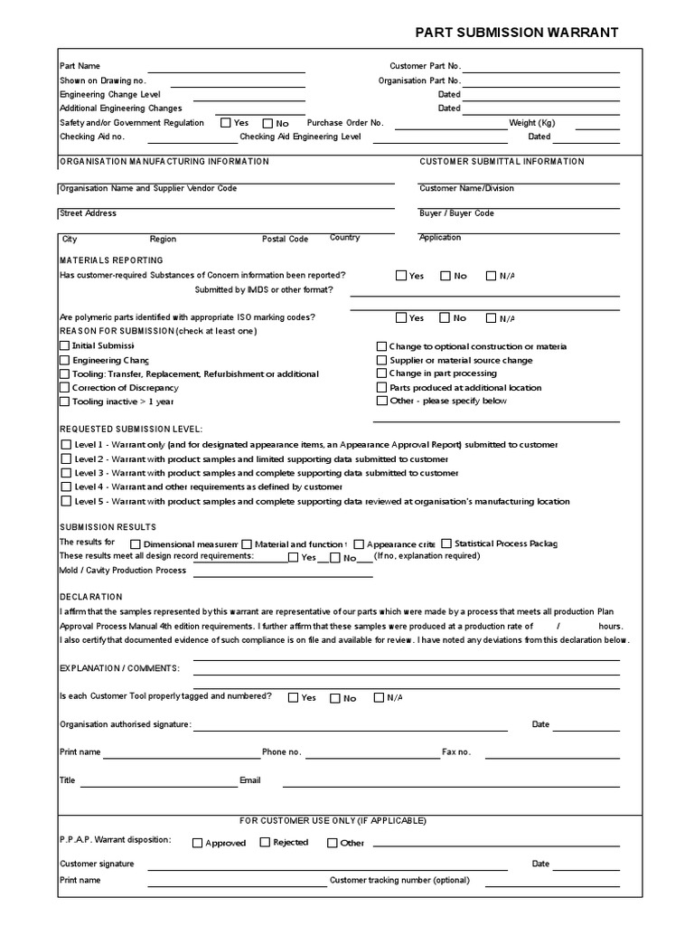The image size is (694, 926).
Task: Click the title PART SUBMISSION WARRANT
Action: (517, 32)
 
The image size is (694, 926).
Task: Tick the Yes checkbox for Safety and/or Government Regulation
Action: (225, 123)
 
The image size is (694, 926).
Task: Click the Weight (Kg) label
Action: (531, 123)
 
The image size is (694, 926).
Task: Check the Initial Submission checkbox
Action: (65, 346)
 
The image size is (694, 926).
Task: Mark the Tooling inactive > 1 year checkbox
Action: (65, 402)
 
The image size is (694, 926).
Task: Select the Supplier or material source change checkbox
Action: (381, 360)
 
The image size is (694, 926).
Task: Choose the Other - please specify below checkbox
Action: (381, 401)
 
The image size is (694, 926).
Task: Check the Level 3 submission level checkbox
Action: (65, 473)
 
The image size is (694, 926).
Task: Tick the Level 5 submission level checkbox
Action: (65, 501)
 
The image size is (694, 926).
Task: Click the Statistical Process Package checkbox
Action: (446, 543)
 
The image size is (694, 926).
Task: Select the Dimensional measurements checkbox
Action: (136, 544)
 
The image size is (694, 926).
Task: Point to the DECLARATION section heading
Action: (91, 597)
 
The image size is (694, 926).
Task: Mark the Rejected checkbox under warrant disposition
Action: (265, 842)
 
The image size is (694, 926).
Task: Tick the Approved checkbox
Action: (197, 843)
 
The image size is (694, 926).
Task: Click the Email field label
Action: (249, 780)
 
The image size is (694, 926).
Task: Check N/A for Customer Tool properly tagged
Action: (378, 697)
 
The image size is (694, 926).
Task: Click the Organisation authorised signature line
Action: (352, 726)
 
